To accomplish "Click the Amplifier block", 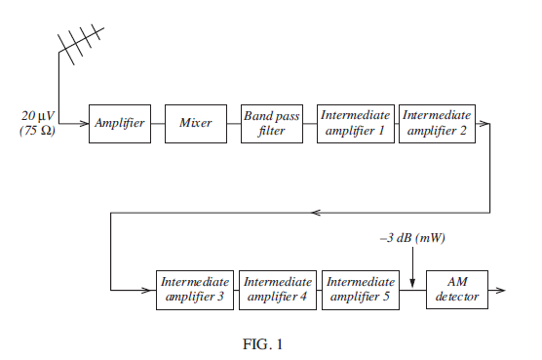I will pos(120,123).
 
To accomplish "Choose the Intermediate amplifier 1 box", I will pos(355,123).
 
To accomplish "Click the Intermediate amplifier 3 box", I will pos(195,290).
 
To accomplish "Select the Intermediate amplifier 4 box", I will pos(278,290).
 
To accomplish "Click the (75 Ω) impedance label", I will pos(38,131).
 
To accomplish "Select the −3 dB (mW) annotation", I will pos(413,237).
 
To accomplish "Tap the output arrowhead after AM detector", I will pos(501,290).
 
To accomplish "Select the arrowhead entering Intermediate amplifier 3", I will pos(151,290).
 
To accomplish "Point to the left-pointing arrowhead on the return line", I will pos(314,212).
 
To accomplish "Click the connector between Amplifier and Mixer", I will pos(158,123).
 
